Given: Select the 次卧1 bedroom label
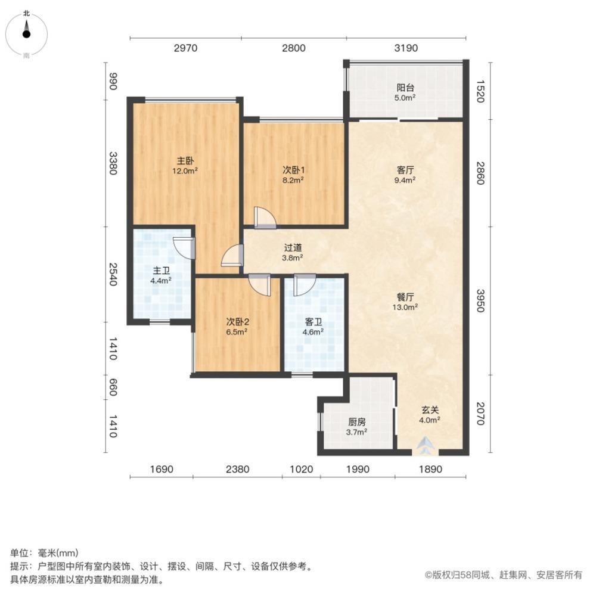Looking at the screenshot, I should (x=293, y=169).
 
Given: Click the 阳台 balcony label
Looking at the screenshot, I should (x=406, y=88).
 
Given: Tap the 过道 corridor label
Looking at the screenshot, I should (x=292, y=248).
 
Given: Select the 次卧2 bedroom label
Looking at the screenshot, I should (x=237, y=321).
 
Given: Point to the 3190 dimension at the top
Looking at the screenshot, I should (x=406, y=48).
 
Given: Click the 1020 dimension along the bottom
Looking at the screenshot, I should (x=301, y=470).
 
